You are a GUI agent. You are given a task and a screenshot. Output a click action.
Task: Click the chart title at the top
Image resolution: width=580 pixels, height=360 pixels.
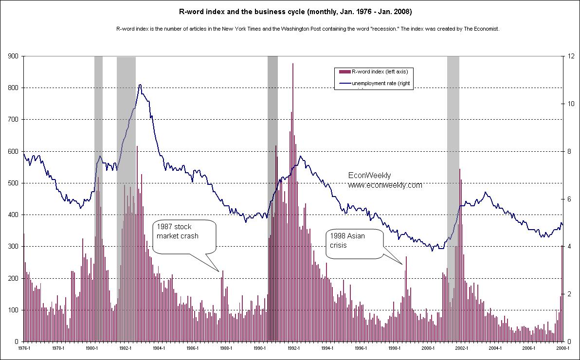[290, 11]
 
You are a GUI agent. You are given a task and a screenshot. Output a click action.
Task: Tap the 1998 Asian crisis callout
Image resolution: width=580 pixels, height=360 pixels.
[354, 240]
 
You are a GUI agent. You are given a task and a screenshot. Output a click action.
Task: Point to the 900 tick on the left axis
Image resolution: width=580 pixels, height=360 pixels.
[13, 56]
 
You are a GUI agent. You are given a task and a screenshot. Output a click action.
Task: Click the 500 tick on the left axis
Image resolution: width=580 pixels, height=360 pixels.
[13, 183]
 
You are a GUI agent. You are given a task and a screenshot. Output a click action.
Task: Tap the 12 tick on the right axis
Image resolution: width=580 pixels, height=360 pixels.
[570, 56]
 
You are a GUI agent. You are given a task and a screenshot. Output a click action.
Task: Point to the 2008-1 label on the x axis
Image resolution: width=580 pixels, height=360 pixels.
[562, 348]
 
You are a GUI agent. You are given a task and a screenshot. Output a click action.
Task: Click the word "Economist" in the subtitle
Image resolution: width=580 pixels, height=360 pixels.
[487, 29]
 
